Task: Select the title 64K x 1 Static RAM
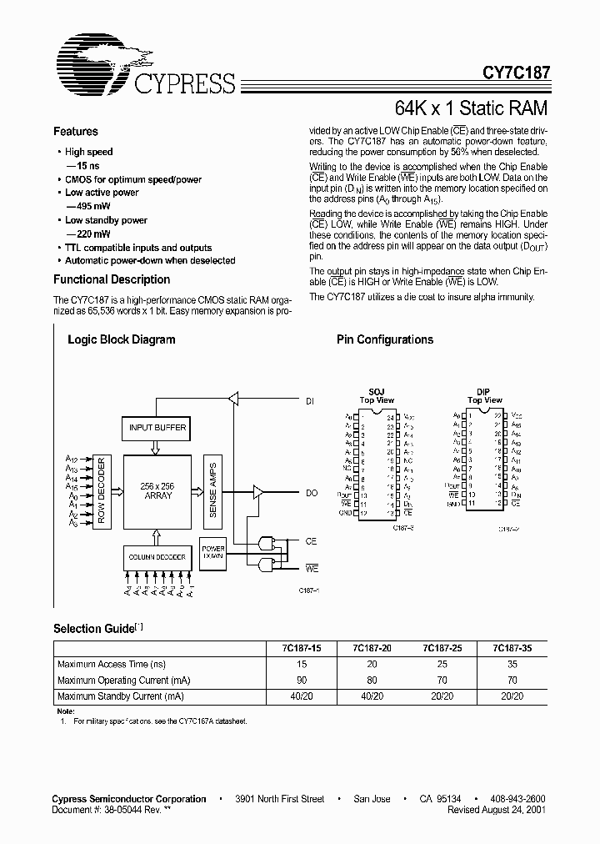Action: [471, 109]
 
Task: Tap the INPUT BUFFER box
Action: [157, 429]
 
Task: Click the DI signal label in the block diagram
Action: [310, 401]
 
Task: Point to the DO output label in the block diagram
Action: [311, 494]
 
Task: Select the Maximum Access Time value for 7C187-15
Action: [302, 664]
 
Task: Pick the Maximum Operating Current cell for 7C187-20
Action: [372, 680]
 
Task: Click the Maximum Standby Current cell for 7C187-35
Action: [512, 696]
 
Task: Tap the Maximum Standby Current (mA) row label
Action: [121, 696]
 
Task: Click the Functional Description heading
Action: [112, 279]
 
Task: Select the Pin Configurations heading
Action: [385, 339]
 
